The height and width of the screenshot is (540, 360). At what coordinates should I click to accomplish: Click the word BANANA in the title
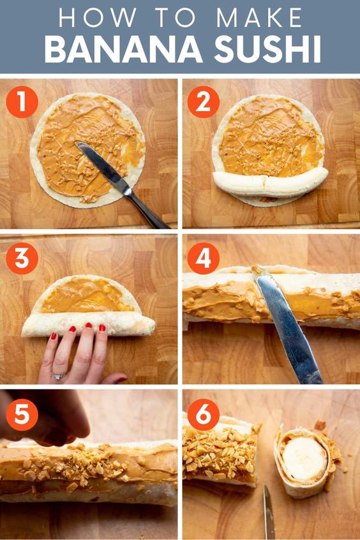pyautogui.click(x=123, y=50)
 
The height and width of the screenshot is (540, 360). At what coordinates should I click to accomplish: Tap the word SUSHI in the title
pyautogui.click(x=267, y=50)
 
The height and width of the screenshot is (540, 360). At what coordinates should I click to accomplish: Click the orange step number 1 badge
pyautogui.click(x=22, y=102)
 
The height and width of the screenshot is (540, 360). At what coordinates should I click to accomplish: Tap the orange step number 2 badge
pyautogui.click(x=203, y=102)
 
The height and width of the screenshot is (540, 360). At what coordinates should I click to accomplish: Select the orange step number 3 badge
pyautogui.click(x=22, y=259)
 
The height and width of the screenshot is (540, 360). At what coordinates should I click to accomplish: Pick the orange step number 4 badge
pyautogui.click(x=203, y=259)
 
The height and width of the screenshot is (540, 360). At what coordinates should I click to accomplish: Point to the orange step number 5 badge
pyautogui.click(x=22, y=415)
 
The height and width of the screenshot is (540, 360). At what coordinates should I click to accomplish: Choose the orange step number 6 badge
pyautogui.click(x=203, y=415)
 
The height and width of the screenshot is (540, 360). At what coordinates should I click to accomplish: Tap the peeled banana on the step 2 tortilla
pyautogui.click(x=271, y=182)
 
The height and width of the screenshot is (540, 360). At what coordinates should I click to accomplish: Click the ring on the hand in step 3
pyautogui.click(x=58, y=377)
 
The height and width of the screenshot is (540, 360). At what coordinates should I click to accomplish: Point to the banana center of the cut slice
pyautogui.click(x=304, y=458)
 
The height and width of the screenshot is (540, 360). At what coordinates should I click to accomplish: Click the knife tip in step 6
pyautogui.click(x=266, y=486)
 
